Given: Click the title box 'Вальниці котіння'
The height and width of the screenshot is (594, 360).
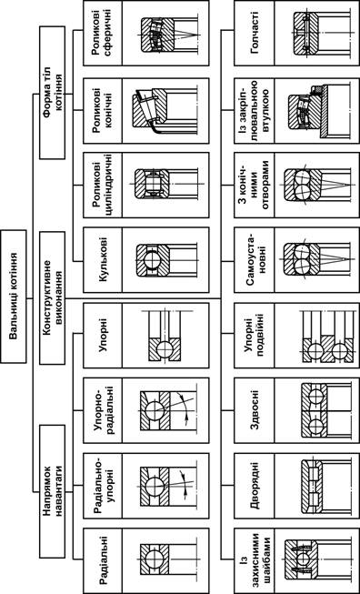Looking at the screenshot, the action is pos(14,297).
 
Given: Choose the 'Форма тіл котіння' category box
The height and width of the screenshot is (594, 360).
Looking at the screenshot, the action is pos(52,94).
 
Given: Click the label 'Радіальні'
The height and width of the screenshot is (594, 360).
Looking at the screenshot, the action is pos(102,561).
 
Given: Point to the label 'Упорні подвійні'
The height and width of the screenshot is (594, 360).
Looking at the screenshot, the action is pos(254,336).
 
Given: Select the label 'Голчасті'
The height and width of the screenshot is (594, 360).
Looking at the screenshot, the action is pos(254,33).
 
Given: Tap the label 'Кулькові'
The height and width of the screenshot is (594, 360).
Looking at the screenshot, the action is pos(102,259).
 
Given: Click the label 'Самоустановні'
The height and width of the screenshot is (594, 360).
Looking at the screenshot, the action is pos(254,259).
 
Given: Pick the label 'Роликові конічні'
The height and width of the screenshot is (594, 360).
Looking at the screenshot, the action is pos(102,111).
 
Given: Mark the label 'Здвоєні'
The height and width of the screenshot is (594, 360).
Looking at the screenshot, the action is pos(254,410).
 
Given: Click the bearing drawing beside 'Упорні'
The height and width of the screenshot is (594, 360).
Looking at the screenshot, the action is pos(165,336).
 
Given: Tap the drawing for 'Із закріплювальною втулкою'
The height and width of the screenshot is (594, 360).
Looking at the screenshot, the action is pos(318,111).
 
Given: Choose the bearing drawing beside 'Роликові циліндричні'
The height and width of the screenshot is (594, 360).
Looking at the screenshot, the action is pos(167,185).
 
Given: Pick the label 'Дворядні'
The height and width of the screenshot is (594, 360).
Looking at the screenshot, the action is pos(254,486).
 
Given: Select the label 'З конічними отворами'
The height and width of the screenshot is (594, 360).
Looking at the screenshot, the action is pos(254,185).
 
